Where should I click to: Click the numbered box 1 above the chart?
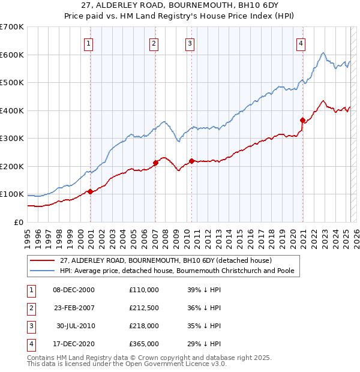(x=88, y=43)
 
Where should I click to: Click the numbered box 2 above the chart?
(x=154, y=43)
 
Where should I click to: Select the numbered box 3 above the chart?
(x=190, y=43)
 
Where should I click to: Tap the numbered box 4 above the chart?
(x=300, y=43)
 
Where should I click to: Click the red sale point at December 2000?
(x=90, y=191)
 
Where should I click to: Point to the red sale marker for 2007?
(x=155, y=163)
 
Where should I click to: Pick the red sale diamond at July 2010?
(x=191, y=161)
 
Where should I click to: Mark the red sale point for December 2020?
(x=302, y=120)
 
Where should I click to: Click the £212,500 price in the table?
(x=144, y=308)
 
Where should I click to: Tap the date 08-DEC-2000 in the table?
(x=74, y=290)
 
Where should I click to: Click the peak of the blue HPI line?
(x=323, y=53)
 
